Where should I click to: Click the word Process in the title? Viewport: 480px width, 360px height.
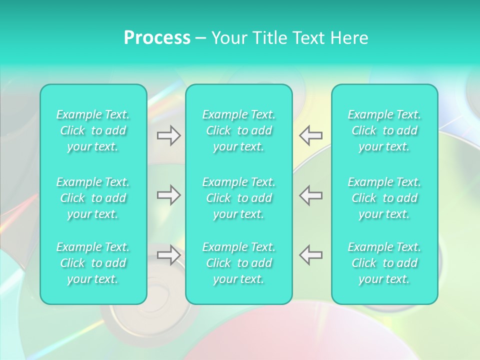[157, 38]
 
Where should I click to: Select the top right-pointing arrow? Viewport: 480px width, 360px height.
[168, 135]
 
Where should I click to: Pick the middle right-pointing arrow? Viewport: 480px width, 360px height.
[168, 195]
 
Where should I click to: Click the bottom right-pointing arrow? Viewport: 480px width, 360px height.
[168, 255]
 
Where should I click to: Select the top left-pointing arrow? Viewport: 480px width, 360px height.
[311, 135]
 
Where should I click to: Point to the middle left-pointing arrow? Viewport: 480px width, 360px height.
[311, 195]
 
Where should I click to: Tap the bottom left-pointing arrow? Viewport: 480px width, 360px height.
[311, 255]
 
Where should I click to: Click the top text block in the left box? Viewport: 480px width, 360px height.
[93, 130]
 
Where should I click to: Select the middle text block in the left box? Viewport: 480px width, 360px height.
[93, 198]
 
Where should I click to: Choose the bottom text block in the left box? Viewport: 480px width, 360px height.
[93, 263]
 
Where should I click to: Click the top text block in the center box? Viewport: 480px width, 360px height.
[238, 130]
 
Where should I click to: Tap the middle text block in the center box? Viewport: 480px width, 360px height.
[238, 198]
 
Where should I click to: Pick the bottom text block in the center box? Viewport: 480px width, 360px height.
[238, 263]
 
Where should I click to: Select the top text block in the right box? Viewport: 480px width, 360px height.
[384, 130]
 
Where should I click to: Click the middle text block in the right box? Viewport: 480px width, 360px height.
[384, 198]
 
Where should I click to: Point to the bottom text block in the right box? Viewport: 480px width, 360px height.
[384, 263]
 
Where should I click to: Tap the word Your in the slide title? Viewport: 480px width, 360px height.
[227, 38]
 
